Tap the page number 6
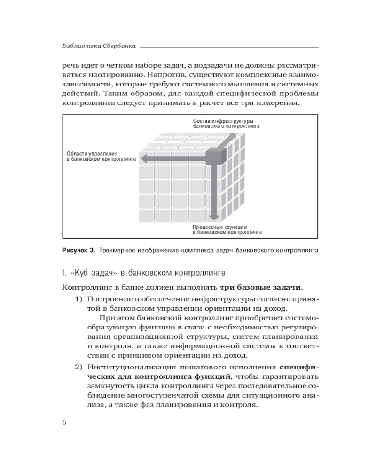click(64, 422)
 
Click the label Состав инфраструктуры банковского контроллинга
click(226, 124)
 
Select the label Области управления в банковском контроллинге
click(101, 157)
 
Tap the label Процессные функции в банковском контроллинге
click(227, 229)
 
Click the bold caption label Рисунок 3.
click(78, 251)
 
